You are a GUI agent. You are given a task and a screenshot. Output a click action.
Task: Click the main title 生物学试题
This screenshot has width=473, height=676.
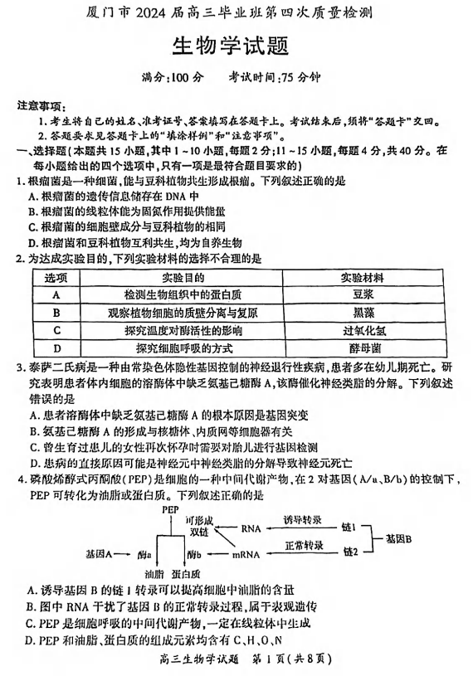(x=236, y=46)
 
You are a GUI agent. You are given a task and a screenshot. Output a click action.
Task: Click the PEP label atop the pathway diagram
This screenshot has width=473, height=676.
(x=170, y=509)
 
